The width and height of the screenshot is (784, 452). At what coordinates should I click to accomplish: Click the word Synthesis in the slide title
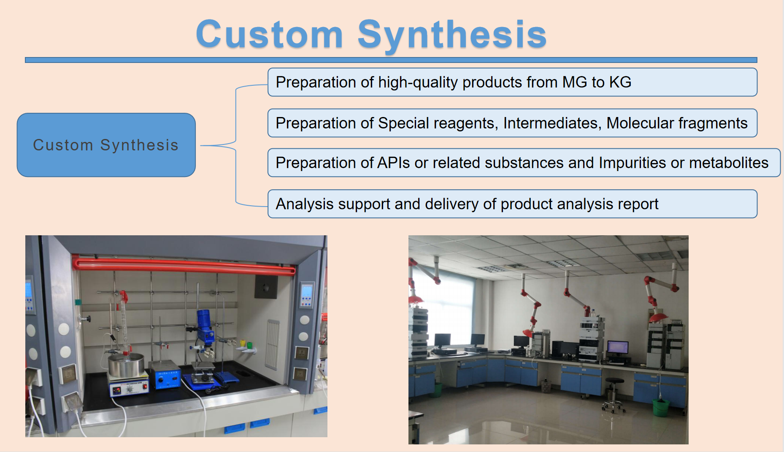[452, 35]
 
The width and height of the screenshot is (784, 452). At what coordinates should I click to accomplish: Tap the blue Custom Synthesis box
[106, 145]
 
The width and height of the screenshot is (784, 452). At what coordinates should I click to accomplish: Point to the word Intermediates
[552, 123]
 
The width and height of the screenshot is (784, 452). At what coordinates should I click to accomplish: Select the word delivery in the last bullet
[452, 204]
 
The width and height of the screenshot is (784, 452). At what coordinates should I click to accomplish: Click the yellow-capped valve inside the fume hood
[243, 343]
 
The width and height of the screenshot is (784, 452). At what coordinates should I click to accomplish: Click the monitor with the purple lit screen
[618, 347]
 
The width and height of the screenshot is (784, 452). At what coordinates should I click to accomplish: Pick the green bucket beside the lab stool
[661, 407]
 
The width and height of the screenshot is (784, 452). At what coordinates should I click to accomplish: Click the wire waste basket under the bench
[546, 386]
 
